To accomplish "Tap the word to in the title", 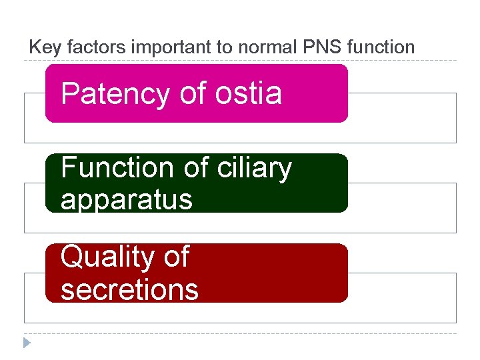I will click(203, 47).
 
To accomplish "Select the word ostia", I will click(249, 94).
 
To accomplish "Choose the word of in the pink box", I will click(193, 94).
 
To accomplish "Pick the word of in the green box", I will click(197, 168).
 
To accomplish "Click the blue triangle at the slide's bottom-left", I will click(26, 343).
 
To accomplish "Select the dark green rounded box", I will click(320, 183).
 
